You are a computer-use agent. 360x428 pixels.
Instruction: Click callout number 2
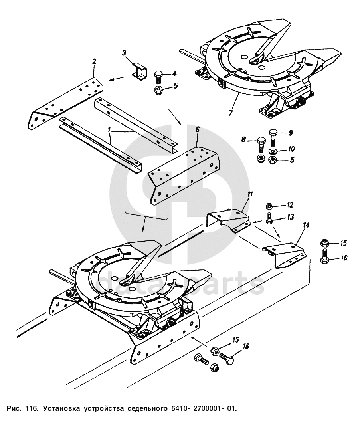[x=94, y=61]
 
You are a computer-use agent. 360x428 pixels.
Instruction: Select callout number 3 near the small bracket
[x=124, y=53]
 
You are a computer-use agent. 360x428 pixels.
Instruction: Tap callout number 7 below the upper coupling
[x=230, y=113]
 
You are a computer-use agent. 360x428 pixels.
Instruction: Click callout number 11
[x=250, y=195]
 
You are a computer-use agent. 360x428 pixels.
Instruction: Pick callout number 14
[x=306, y=226]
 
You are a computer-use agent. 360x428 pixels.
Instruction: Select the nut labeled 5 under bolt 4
[x=158, y=90]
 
